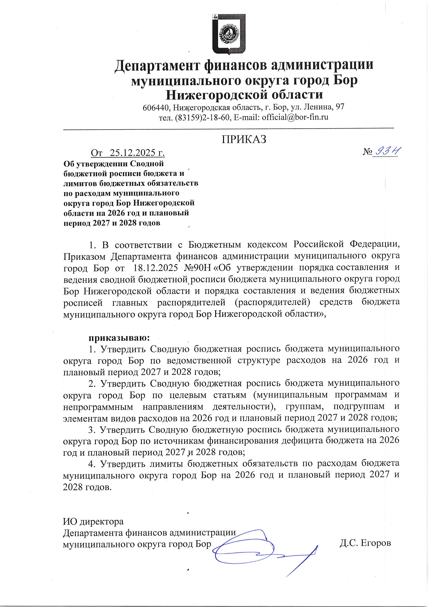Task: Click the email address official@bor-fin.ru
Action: (295, 117)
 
